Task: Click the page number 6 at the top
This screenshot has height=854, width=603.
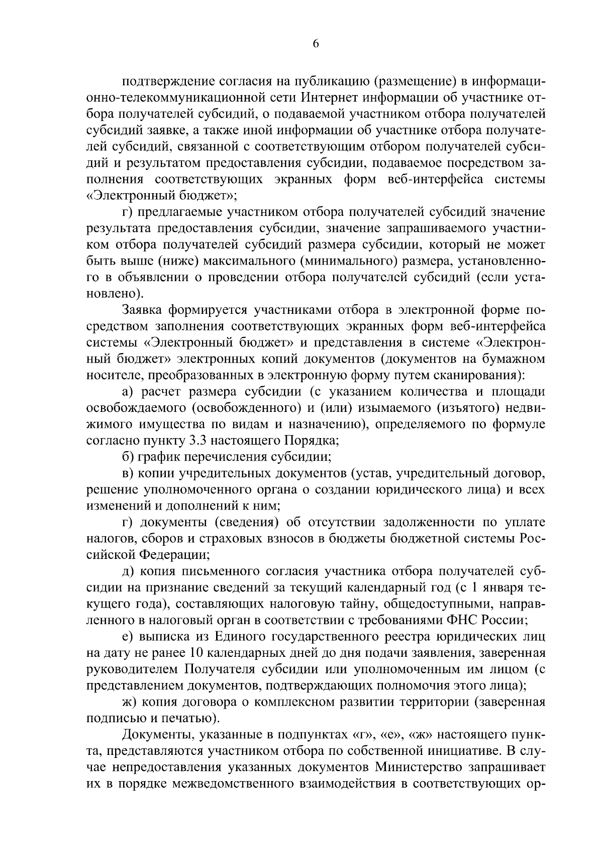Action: (x=316, y=44)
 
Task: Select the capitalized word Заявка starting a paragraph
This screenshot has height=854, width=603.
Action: (x=142, y=310)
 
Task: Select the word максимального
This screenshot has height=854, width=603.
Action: (x=233, y=261)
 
